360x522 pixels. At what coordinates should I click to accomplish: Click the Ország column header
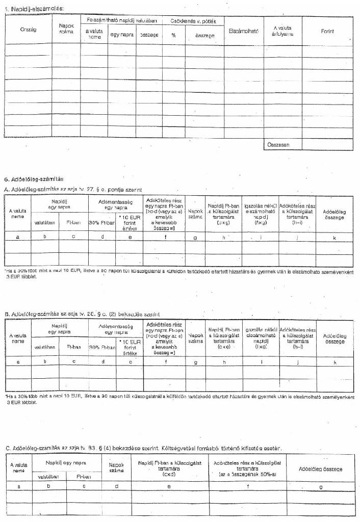click(28, 30)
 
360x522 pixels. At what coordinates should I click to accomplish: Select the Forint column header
click(327, 31)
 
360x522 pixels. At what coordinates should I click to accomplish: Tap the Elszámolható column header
click(244, 31)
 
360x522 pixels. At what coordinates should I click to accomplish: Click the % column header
click(173, 34)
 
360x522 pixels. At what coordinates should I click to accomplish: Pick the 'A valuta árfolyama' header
click(282, 31)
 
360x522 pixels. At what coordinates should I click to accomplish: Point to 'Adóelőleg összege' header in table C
click(321, 468)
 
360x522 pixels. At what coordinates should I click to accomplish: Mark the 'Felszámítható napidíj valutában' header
click(121, 20)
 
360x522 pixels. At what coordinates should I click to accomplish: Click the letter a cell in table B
click(18, 361)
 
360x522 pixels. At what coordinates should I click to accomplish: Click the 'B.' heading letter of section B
click(7, 314)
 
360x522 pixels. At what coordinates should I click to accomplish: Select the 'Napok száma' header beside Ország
click(66, 28)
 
